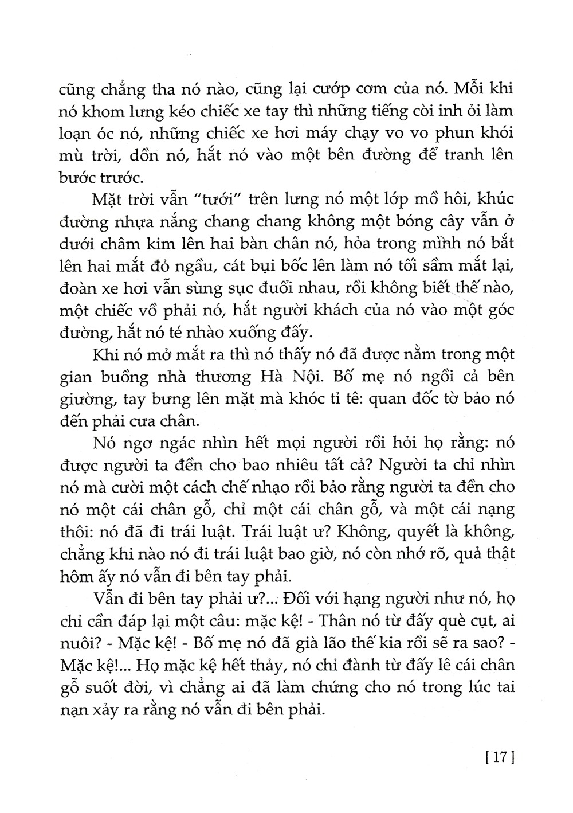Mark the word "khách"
click(325, 310)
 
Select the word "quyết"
click(417, 531)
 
